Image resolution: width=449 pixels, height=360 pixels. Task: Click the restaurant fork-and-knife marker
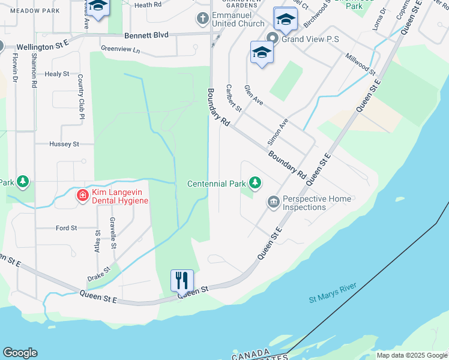(x=182, y=280)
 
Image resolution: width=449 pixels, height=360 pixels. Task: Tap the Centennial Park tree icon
(x=255, y=182)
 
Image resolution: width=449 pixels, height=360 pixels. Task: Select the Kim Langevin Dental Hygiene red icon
(x=82, y=195)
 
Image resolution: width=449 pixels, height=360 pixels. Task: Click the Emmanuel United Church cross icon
(x=203, y=19)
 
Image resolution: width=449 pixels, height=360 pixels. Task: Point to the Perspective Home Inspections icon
(x=274, y=202)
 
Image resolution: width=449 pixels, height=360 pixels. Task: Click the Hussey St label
(x=64, y=144)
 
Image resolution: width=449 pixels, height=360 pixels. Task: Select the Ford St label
(x=66, y=228)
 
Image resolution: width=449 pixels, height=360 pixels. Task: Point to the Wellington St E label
(x=43, y=46)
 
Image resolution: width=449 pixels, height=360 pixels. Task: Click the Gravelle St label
(x=112, y=233)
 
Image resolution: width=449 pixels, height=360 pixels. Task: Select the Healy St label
(x=57, y=74)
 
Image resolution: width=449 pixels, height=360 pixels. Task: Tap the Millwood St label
(x=360, y=64)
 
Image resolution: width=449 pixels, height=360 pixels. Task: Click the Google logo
(x=20, y=353)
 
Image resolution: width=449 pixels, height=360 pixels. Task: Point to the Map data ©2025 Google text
(x=411, y=355)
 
